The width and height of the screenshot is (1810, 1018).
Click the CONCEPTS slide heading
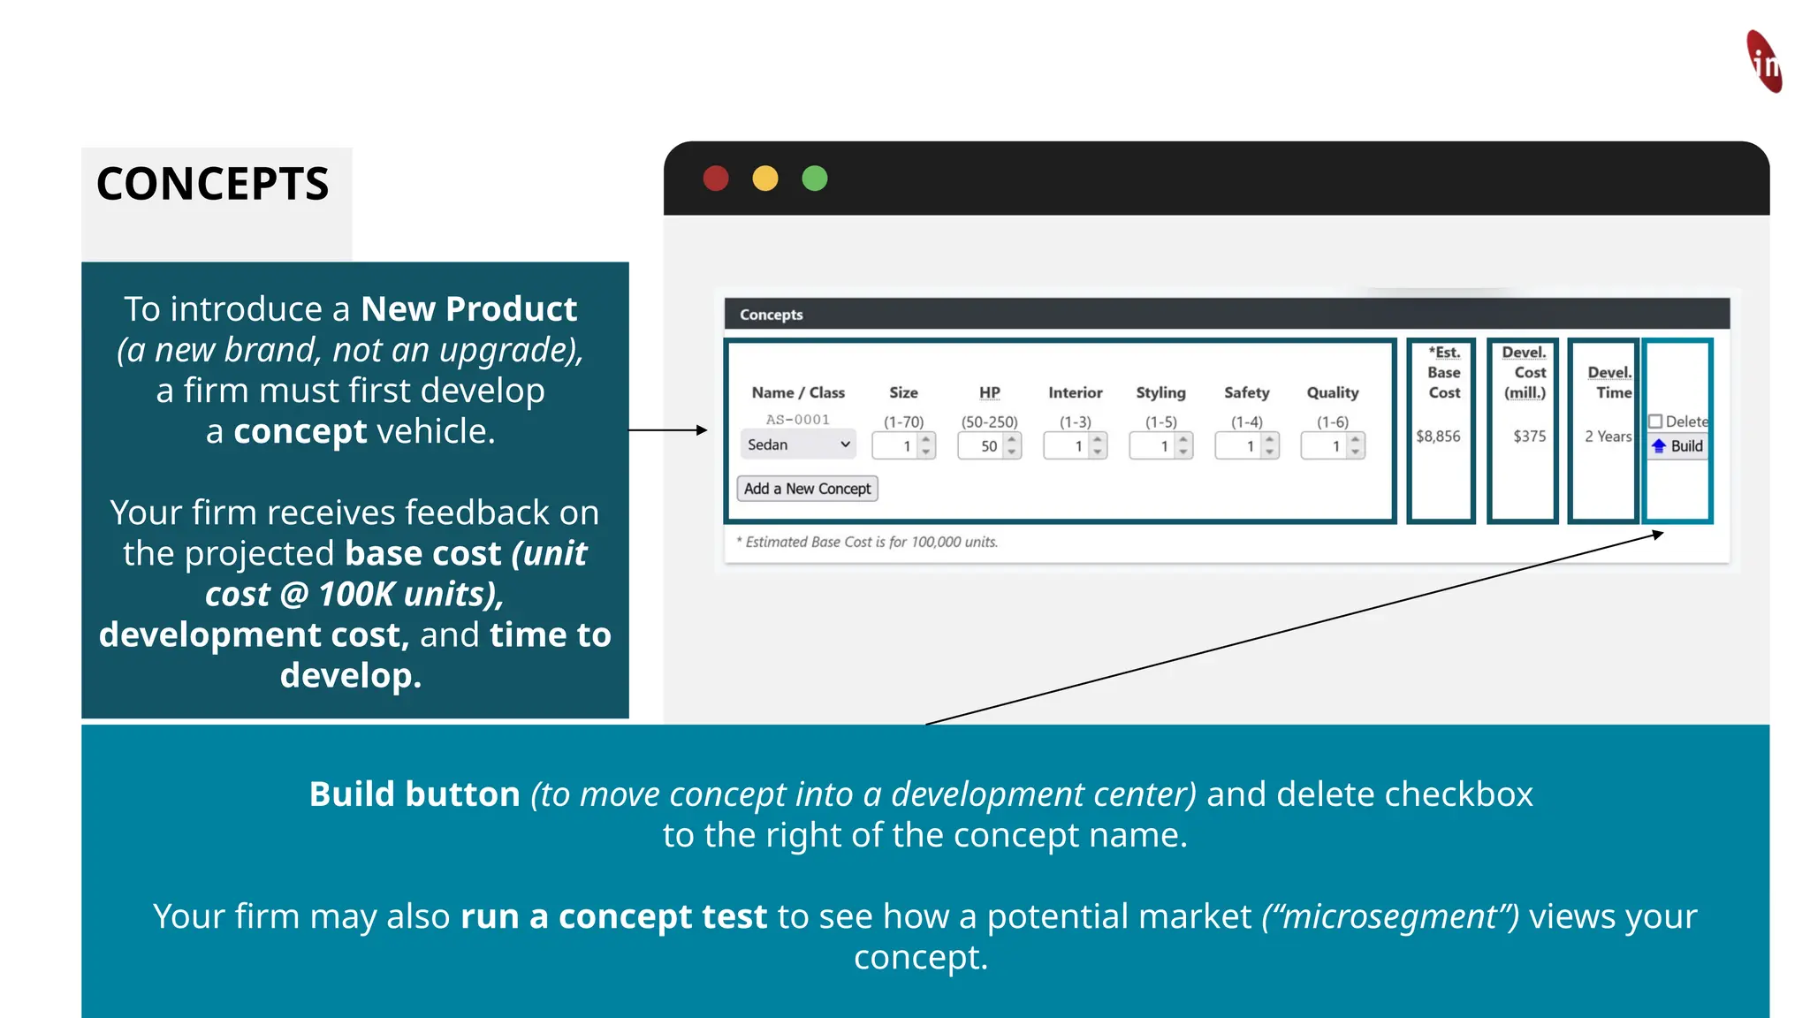(212, 184)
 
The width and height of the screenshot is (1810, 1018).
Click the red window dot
(716, 179)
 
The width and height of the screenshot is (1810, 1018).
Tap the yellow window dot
(765, 179)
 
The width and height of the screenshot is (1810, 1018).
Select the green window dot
(815, 179)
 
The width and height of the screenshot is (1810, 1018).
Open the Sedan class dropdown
(798, 444)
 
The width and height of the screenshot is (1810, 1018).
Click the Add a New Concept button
(807, 489)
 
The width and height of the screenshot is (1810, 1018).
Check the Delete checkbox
(1656, 422)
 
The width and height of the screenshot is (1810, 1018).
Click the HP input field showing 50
(983, 446)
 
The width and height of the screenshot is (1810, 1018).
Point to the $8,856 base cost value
(1438, 437)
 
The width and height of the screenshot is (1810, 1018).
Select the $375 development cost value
(1529, 437)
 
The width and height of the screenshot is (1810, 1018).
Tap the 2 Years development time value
(1608, 437)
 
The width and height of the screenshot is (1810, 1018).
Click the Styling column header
(1160, 392)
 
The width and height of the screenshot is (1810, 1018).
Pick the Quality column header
(1332, 392)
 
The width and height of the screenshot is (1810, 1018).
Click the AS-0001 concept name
(797, 420)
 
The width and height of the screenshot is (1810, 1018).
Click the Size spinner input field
(897, 446)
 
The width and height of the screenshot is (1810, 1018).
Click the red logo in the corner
(1764, 62)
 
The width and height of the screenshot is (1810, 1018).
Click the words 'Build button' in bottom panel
(414, 794)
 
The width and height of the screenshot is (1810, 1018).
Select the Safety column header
(1246, 392)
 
